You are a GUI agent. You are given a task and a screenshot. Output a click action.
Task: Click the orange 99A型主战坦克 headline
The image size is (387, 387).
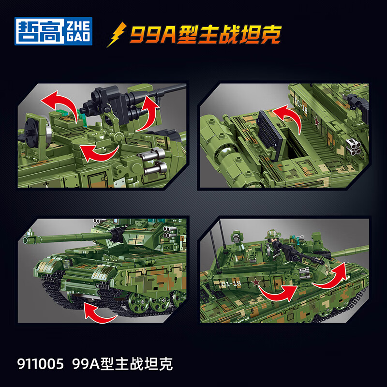[205, 34]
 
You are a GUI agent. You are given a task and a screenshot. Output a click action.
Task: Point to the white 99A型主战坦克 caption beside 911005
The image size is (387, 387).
[122, 364]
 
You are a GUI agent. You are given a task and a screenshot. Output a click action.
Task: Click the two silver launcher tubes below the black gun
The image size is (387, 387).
[155, 162]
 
